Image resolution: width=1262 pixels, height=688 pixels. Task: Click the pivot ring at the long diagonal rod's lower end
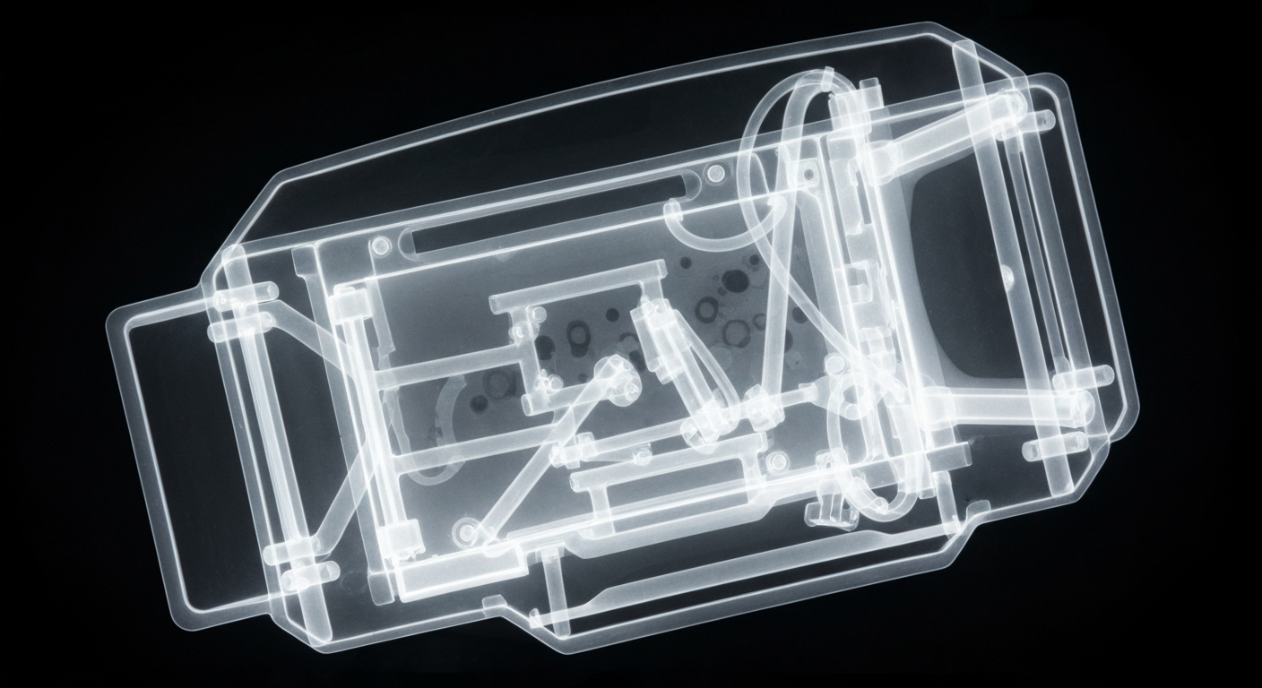click(465, 532)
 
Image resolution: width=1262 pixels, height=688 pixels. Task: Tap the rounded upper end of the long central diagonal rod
click(615, 366)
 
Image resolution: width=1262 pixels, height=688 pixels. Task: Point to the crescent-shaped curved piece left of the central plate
click(448, 409)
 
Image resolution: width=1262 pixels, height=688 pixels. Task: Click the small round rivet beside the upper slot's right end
click(714, 173)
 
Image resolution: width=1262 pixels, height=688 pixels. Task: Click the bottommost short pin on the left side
click(309, 572)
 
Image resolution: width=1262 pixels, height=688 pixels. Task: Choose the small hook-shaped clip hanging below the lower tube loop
click(825, 507)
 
